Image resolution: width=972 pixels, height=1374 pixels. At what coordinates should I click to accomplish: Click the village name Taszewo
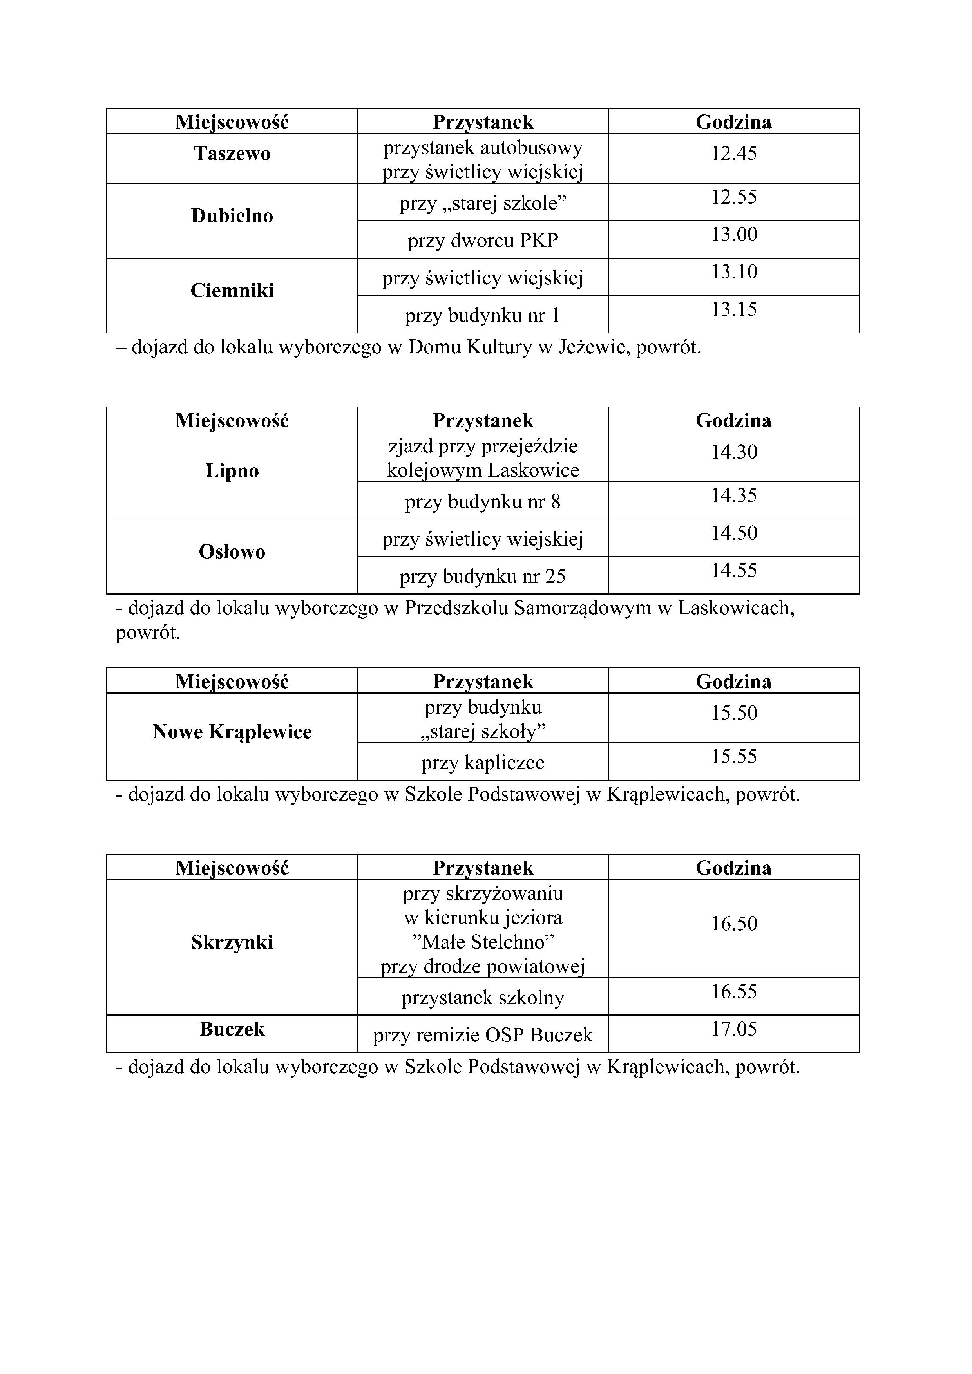click(232, 154)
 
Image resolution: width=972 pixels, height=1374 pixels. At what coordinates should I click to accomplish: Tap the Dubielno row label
click(232, 216)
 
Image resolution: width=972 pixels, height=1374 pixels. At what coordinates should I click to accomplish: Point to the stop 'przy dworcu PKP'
click(483, 240)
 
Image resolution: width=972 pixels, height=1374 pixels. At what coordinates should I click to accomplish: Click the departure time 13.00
click(734, 234)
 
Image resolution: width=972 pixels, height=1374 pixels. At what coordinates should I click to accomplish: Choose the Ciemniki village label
click(232, 291)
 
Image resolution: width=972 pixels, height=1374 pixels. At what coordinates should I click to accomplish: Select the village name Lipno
click(232, 471)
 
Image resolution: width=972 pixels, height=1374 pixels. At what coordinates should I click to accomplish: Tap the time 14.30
click(734, 452)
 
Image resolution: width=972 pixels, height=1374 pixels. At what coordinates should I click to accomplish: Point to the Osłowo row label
click(232, 552)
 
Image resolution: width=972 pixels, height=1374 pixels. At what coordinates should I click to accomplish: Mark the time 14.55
click(734, 570)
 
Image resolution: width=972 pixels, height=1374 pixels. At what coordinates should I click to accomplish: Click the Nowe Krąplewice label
click(232, 732)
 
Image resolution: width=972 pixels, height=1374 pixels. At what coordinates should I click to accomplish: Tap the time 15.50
click(734, 713)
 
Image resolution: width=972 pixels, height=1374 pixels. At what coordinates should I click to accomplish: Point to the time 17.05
click(734, 1029)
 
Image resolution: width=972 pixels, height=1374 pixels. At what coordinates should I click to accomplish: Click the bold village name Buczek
click(232, 1029)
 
